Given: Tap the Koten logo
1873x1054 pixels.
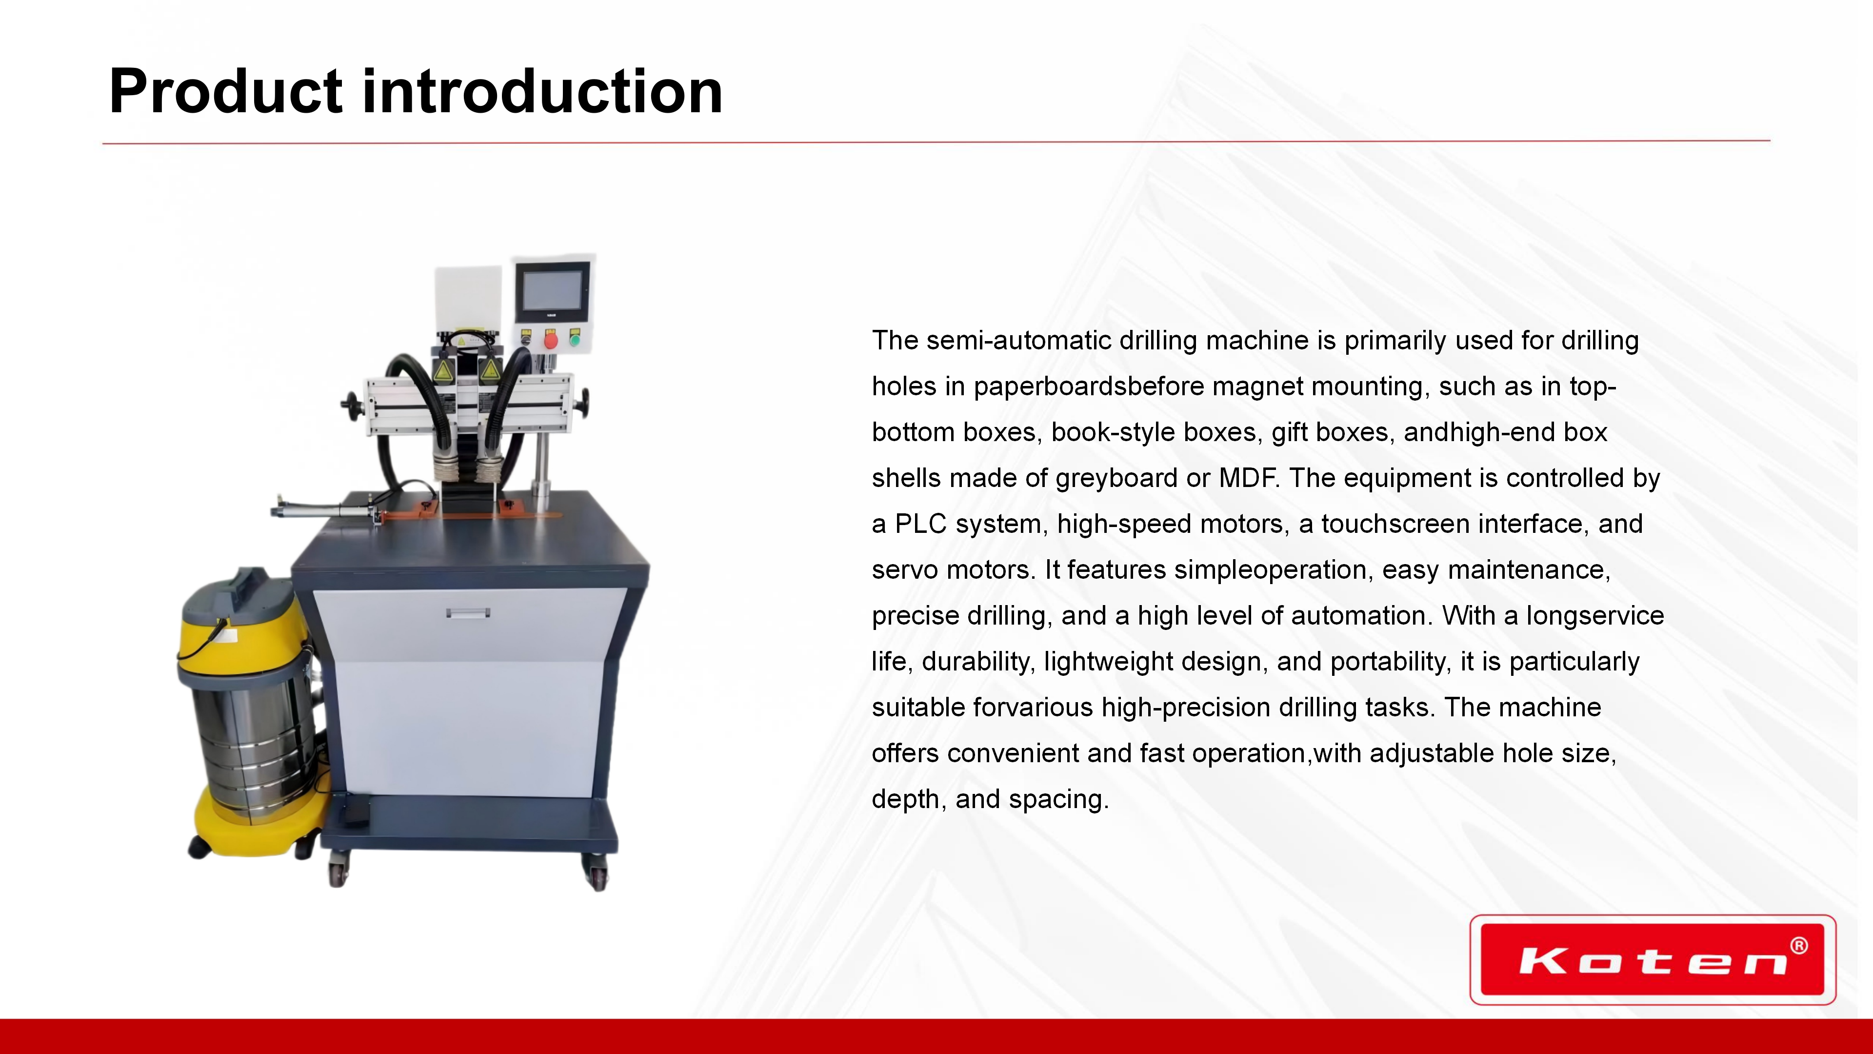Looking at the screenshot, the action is click(1653, 959).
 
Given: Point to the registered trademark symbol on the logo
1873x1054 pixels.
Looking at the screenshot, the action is click(1799, 946).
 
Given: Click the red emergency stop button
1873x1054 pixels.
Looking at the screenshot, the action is click(550, 340).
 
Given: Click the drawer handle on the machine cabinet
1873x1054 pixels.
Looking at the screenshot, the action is click(468, 612).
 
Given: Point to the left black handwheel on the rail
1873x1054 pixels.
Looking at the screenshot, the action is click(351, 403).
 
